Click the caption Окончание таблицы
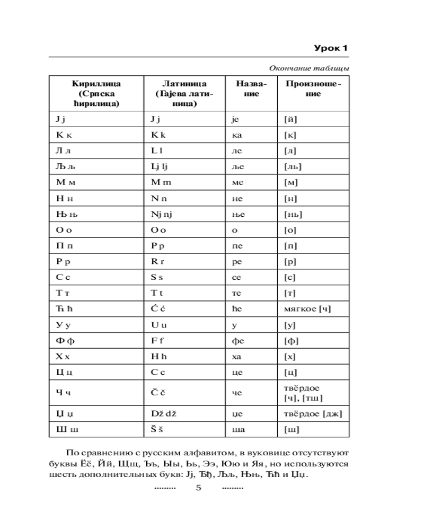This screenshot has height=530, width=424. click(309, 68)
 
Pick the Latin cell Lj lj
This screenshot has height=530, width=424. click(161, 167)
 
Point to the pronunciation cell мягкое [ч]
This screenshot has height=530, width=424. click(308, 310)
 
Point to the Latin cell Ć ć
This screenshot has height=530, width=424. click(157, 310)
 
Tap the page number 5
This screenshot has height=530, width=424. click(199, 488)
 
